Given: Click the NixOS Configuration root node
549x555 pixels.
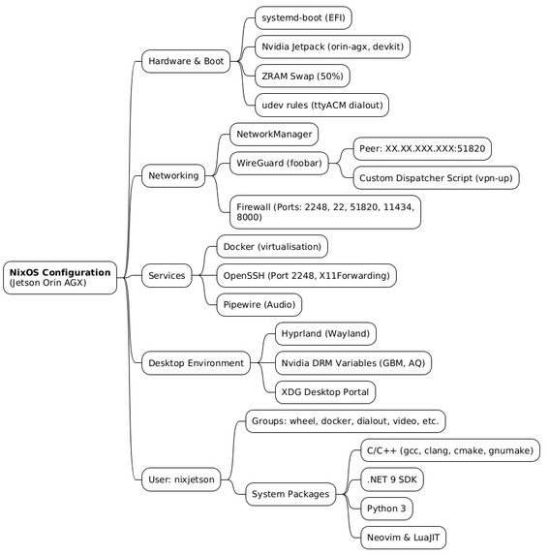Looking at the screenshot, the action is (60, 277).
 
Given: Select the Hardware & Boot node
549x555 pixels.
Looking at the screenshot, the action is (186, 61).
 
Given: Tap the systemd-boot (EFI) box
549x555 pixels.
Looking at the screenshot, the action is (303, 17).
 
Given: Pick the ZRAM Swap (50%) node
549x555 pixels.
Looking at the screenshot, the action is (302, 77).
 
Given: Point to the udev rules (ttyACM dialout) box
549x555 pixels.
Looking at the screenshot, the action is (321, 106).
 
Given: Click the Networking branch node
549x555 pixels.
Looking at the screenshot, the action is (173, 175).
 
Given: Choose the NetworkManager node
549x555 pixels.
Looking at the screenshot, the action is (274, 134).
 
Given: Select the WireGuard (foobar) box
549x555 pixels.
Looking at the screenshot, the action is (279, 163).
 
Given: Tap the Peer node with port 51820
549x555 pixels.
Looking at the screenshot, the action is (422, 148).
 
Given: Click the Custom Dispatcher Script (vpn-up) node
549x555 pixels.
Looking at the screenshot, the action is (436, 177).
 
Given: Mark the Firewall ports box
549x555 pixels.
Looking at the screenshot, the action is (325, 212).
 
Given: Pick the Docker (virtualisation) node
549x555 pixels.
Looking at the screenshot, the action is (272, 247).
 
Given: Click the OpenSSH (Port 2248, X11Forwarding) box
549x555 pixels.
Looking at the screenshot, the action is (306, 276).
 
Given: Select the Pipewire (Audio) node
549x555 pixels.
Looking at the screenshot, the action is (259, 305).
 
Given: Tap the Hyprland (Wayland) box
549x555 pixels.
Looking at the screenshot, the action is (325, 334).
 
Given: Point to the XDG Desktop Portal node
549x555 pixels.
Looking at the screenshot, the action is (325, 392).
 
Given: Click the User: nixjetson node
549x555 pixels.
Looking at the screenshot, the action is (181, 479).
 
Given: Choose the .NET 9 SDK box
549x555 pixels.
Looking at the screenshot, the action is (391, 479).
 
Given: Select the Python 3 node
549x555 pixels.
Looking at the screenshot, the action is (386, 509).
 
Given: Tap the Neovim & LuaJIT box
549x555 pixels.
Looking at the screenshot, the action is (403, 538).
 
